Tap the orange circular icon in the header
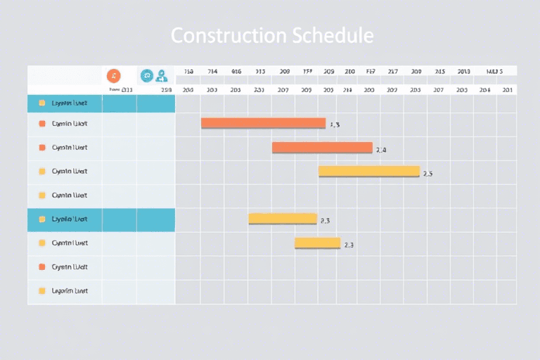(113, 75)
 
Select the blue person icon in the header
(162, 75)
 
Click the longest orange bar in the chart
(263, 123)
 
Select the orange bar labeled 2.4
(322, 147)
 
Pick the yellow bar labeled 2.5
(369, 171)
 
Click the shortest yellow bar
(317, 243)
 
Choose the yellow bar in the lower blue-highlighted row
(283, 219)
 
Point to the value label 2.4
(381, 150)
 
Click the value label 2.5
(427, 174)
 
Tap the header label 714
(212, 72)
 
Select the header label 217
(393, 72)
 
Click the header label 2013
(463, 72)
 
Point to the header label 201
(507, 90)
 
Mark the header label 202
(392, 90)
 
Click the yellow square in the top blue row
(42, 103)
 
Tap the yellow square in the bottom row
(42, 290)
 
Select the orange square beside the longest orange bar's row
(42, 124)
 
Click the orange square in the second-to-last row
(42, 266)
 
